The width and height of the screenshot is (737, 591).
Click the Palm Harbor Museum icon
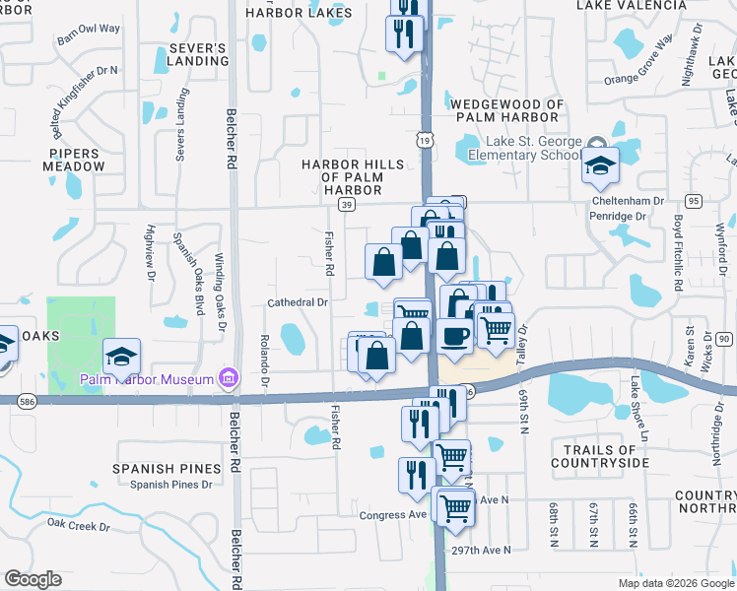229,378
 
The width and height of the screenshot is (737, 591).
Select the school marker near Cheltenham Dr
599,168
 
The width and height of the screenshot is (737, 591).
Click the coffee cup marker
454,336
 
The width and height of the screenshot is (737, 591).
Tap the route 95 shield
695,200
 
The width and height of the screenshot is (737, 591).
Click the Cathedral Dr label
298,302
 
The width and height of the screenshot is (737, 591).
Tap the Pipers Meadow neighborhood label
74,161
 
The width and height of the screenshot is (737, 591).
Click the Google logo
33,579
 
